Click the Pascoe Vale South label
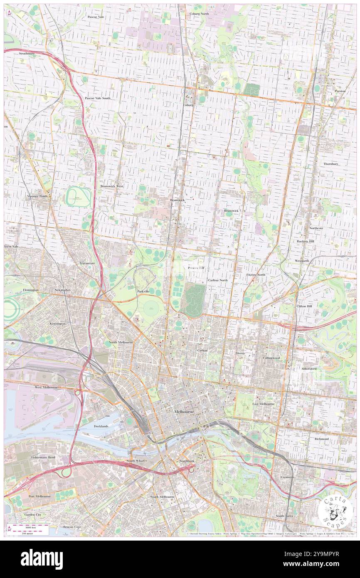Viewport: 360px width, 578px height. click(98, 98)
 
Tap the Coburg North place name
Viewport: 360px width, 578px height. click(200, 14)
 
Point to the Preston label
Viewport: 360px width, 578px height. click(340, 91)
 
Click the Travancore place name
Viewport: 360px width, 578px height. click(88, 263)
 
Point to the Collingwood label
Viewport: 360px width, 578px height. click(271, 358)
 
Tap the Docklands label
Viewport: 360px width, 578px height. click(101, 426)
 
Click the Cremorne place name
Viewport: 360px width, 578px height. click(287, 477)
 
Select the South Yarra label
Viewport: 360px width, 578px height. click(285, 516)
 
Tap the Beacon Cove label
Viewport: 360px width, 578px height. click(72, 527)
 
